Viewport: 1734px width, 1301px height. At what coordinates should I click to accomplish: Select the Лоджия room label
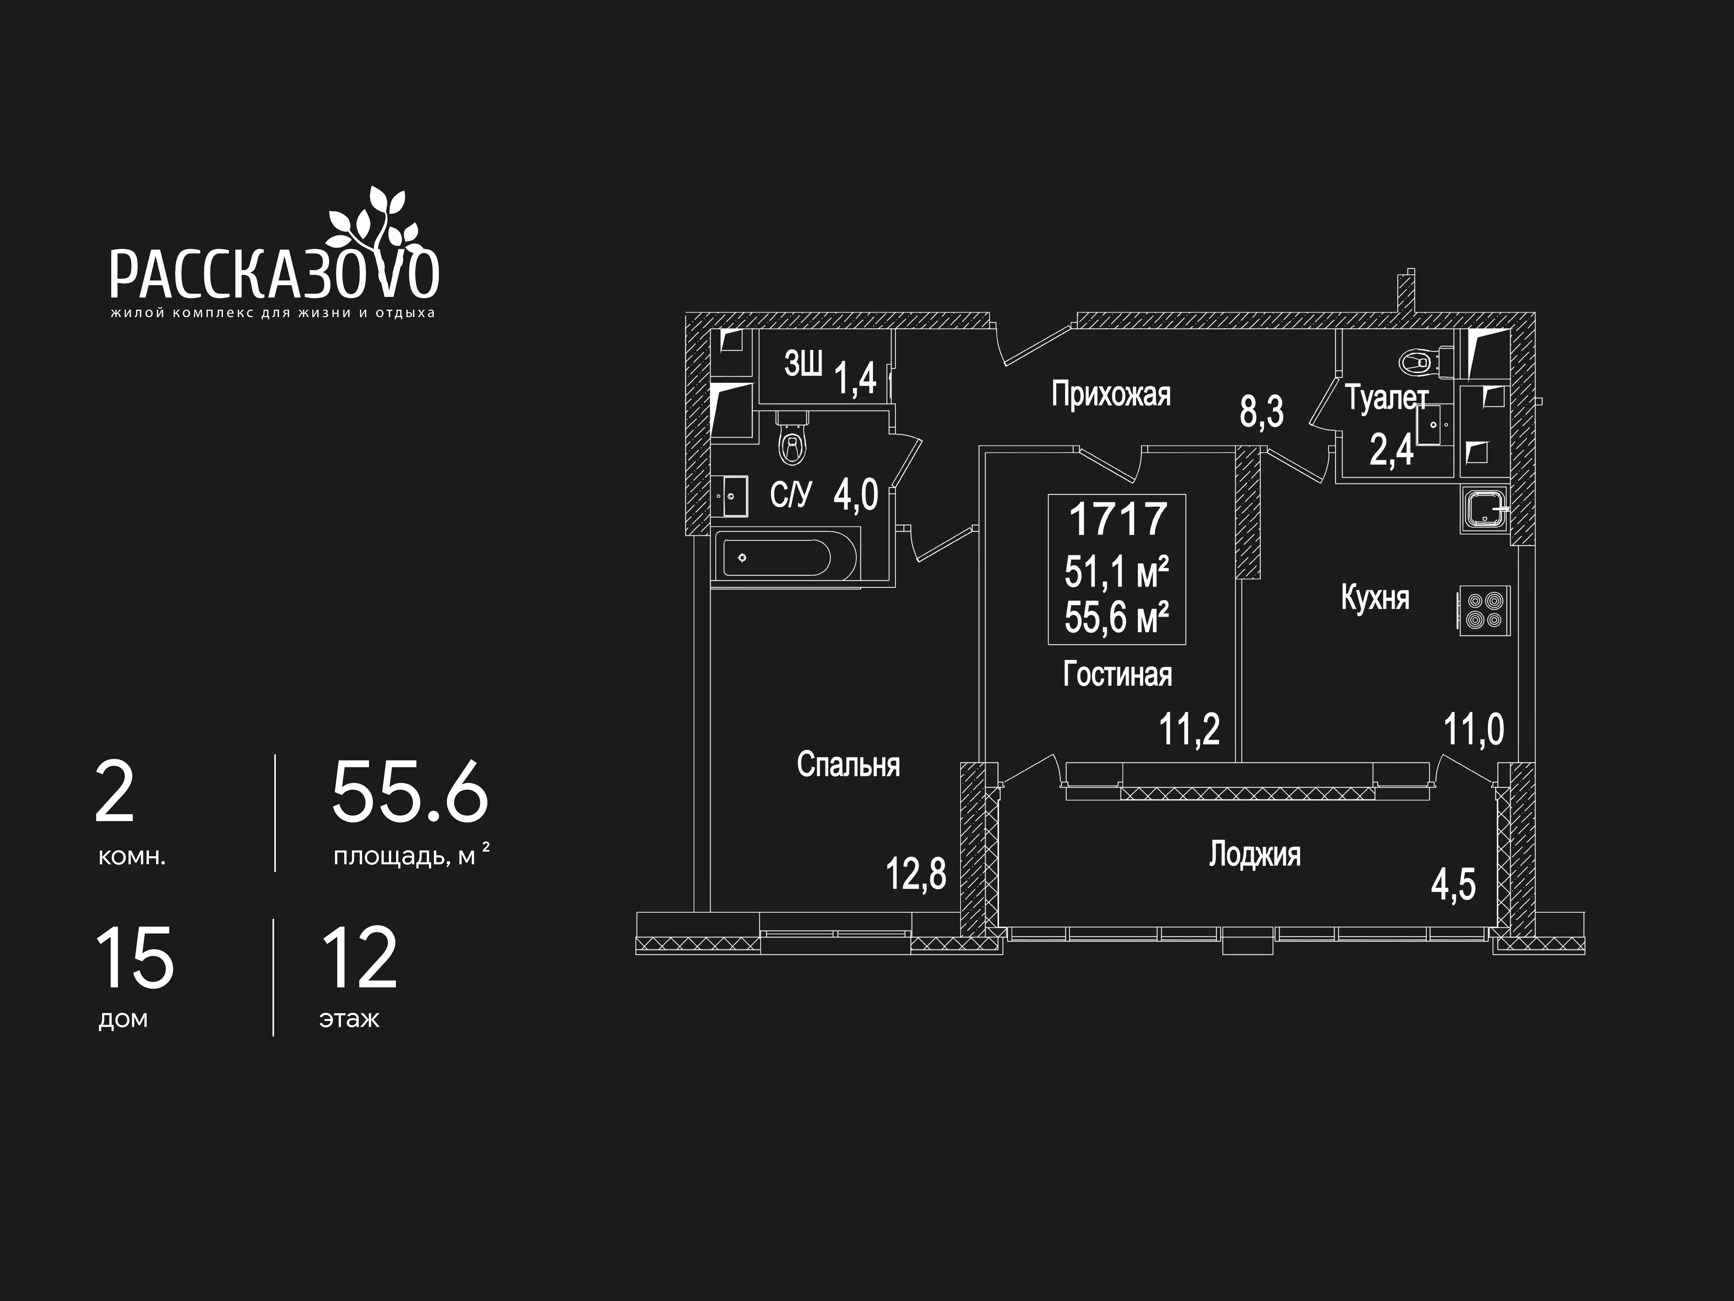point(1254,854)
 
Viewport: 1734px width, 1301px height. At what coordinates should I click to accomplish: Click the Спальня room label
point(848,765)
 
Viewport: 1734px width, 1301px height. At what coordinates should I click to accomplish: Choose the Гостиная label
point(1117,674)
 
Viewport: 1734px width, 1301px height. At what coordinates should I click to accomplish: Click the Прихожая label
point(1111,394)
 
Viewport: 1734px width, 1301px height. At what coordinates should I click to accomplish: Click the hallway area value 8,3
point(1261,411)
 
